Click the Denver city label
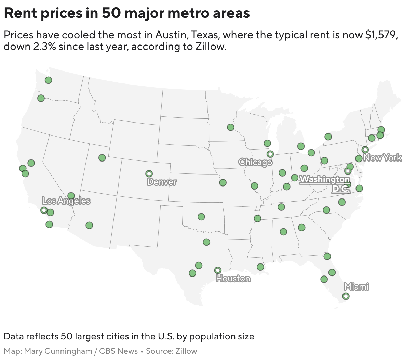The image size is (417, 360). [162, 182]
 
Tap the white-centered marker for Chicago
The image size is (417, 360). [270, 154]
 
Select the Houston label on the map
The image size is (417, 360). [233, 279]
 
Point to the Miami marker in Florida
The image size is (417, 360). [346, 296]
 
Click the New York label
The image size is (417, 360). [382, 158]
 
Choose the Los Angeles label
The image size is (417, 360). [66, 201]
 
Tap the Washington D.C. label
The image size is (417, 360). [325, 184]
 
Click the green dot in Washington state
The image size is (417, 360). [48, 80]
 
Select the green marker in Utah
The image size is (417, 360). [102, 158]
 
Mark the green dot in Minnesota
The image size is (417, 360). [231, 127]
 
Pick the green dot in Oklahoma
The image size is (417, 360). [201, 217]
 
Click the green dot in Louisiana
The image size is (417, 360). [260, 267]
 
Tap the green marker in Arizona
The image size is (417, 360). [89, 225]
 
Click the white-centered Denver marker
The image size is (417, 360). [149, 173]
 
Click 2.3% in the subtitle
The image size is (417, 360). [44, 47]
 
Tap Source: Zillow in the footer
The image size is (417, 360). [171, 351]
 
